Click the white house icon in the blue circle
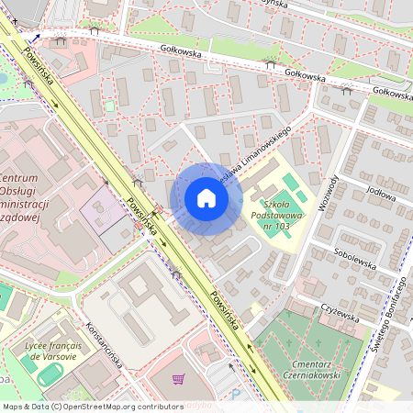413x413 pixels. click(206, 198)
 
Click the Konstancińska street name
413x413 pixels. click(104, 342)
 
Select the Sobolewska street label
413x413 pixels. click(357, 262)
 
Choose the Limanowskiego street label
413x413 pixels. click(261, 151)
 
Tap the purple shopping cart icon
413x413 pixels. click(178, 379)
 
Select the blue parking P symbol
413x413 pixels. click(235, 396)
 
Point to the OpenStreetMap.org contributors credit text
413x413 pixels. click(119, 406)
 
